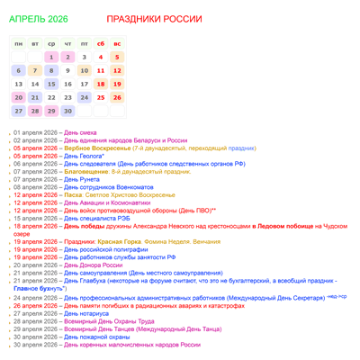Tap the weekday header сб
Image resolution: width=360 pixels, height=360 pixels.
[100, 43]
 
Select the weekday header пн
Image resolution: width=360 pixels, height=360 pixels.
[18, 43]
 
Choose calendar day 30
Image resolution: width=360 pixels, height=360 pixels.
[67, 112]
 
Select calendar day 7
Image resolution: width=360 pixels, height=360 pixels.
[35, 70]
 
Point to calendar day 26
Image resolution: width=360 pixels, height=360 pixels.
[116, 97]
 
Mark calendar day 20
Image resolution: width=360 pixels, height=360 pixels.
[18, 97]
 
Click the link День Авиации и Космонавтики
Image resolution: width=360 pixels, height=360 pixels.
[112, 202]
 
